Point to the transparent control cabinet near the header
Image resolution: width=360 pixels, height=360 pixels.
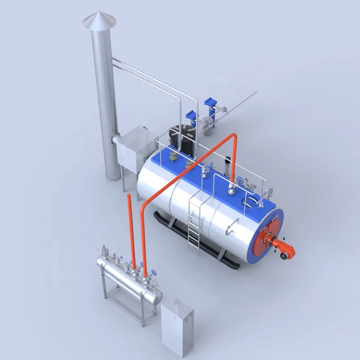pyautogui.click(x=177, y=322)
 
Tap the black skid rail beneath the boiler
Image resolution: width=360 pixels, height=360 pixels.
pyautogui.click(x=199, y=241)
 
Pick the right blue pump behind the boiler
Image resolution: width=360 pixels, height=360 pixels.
pyautogui.click(x=210, y=104)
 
